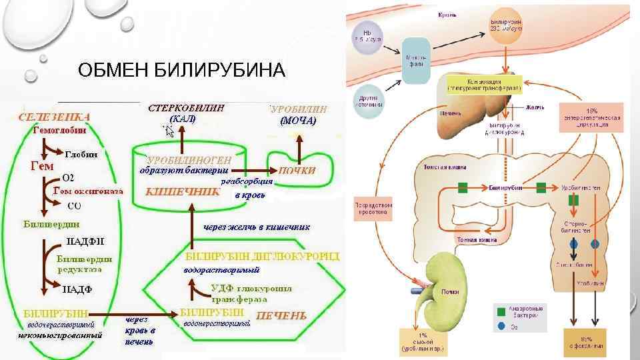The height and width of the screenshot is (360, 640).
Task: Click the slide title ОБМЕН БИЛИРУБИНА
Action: coord(181,70)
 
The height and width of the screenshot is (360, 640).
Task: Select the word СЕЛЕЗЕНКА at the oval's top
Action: coord(55,117)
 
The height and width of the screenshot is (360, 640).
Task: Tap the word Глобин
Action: coord(81,154)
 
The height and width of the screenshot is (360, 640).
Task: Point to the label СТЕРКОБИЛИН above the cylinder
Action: coord(186,107)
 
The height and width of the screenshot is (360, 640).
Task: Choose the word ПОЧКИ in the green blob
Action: coord(297,170)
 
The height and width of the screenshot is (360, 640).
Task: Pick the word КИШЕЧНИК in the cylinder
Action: coord(183,191)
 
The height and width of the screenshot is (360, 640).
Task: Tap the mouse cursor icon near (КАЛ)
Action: coord(169,131)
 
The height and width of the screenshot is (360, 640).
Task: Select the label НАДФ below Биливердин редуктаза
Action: coord(77,289)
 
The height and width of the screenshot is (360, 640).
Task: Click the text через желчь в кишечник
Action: coord(257,227)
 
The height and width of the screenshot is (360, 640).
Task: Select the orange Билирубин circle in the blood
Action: coord(507,27)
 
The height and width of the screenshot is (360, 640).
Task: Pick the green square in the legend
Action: coord(501,311)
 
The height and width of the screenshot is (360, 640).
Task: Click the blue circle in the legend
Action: coord(501,326)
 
